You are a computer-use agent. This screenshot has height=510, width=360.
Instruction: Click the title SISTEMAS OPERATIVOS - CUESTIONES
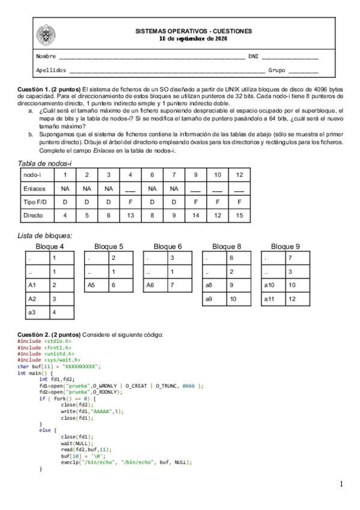coord(194,31)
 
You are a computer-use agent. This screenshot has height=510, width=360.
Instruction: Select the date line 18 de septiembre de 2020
coord(194,39)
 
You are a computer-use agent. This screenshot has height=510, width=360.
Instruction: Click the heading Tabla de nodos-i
coord(44,164)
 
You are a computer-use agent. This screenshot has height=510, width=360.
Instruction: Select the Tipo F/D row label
coord(34,201)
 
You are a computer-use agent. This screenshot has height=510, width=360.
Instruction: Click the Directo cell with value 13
coord(130,215)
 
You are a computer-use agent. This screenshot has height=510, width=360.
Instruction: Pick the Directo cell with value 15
coord(239,215)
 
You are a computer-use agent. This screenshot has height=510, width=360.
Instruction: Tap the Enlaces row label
coord(34,188)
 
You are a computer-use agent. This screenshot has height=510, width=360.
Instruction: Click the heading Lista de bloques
coord(46,236)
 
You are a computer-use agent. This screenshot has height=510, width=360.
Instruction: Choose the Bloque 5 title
coord(109,247)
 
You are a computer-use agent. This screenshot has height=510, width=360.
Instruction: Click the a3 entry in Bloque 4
coord(32,312)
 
